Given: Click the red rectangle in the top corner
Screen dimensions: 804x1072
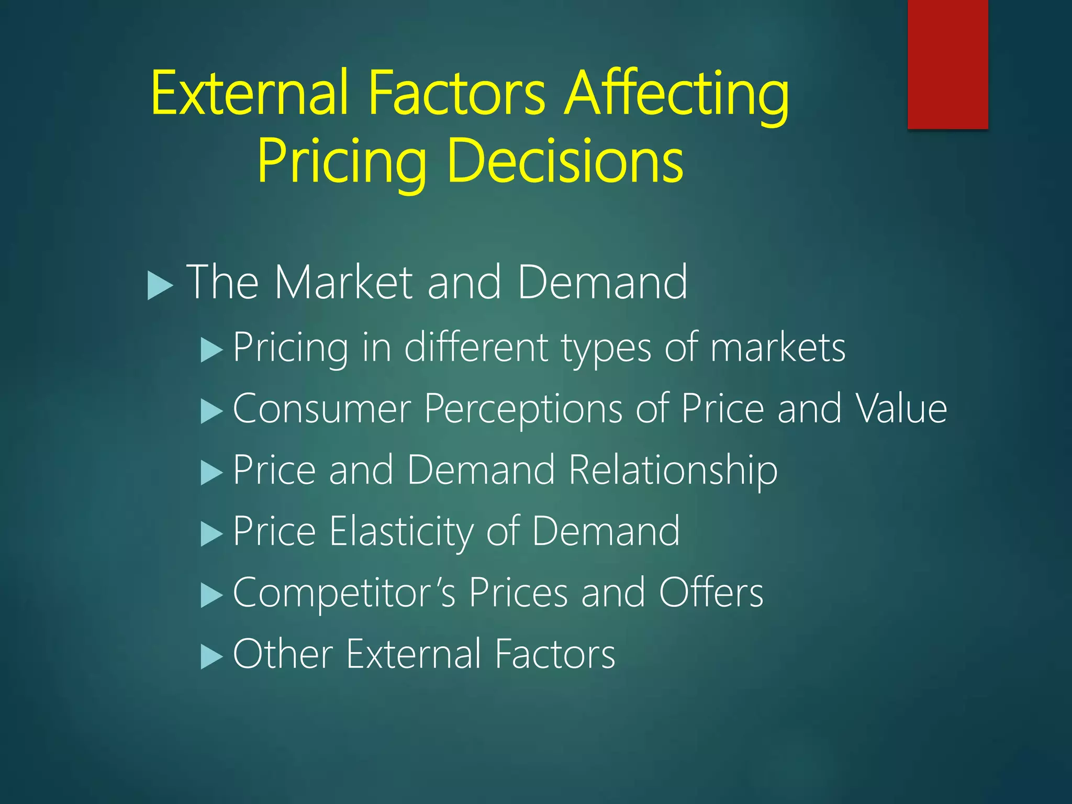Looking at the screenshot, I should pos(947,64).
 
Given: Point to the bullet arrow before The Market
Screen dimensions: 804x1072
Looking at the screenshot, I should pos(160,285).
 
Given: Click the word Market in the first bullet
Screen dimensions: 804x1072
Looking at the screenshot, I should pos(343,283).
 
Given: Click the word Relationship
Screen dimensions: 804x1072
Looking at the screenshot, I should pos(673,471).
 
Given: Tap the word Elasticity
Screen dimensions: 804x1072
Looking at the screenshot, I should pos(401,532).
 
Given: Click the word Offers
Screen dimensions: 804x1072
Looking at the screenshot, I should pos(711,593).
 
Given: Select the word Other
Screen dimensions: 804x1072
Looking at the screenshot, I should pos(283,654).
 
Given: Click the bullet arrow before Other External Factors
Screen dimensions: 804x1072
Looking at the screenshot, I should pos(211,656).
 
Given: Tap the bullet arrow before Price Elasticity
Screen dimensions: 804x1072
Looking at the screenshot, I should pos(211,534).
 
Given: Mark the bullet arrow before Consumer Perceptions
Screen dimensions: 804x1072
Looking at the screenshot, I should pos(211,411).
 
